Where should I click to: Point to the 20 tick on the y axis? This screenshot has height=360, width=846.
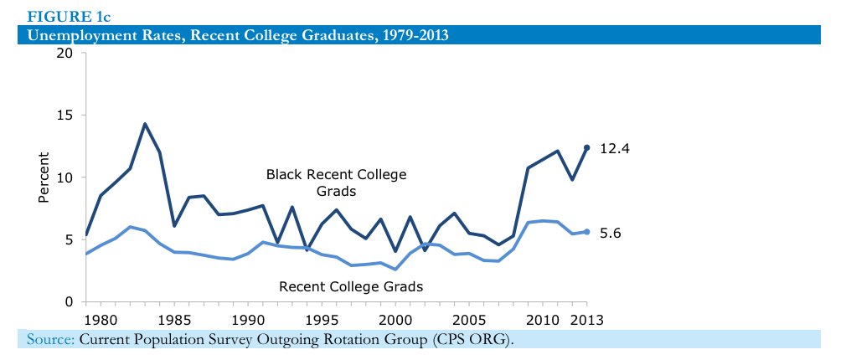pos(64,54)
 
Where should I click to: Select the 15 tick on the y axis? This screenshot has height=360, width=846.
pos(64,116)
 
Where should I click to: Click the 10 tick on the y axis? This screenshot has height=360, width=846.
pos(64,177)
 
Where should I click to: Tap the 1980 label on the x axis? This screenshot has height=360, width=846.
pos(101,320)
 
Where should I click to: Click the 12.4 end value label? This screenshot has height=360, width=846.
pos(614,148)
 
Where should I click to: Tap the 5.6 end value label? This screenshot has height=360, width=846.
pos(610,233)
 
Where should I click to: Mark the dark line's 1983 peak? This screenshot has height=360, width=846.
pos(145,124)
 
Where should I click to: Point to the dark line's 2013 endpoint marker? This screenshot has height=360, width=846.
pos(586,147)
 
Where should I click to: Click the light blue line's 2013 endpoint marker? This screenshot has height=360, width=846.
pos(586,232)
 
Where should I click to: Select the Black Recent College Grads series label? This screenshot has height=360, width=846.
pos(336,183)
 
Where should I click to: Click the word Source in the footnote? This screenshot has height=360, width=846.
pos(50,339)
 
